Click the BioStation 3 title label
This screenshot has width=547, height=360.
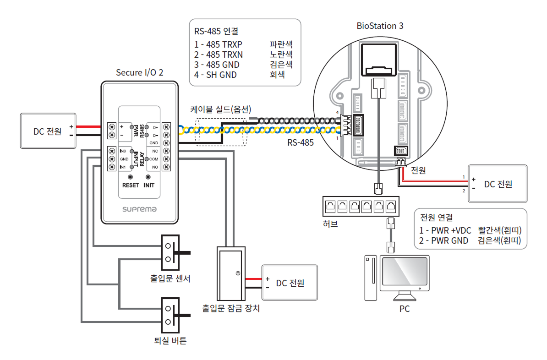(x=380, y=26)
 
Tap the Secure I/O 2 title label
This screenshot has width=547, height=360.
(x=139, y=72)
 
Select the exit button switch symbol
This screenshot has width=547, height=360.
(x=169, y=315)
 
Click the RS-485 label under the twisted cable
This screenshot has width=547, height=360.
(x=301, y=142)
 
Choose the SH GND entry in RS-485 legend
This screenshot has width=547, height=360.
(x=221, y=75)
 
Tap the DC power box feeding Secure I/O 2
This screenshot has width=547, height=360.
(x=48, y=131)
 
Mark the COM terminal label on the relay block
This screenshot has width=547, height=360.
(x=153, y=159)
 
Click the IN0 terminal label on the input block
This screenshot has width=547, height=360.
(x=123, y=151)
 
